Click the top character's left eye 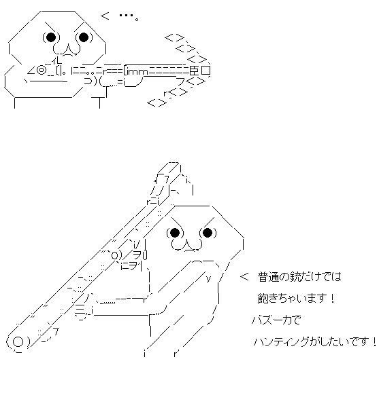tap(51, 37)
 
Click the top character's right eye tap(84, 37)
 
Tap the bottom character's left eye tap(175, 233)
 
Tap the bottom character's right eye tap(208, 233)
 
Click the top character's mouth tap(67, 49)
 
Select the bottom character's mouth tap(186, 245)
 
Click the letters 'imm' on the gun tap(137, 72)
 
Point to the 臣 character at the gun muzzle tap(194, 71)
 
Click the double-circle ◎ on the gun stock tap(42, 70)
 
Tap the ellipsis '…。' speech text tap(129, 16)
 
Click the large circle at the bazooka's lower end tap(18, 342)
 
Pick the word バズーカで tap(276, 320)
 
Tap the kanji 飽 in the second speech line tap(263, 299)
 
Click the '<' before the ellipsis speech tap(105, 16)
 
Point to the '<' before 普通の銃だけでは tap(244, 277)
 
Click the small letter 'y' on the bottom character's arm tap(208, 278)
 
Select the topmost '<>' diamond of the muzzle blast tap(175, 38)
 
